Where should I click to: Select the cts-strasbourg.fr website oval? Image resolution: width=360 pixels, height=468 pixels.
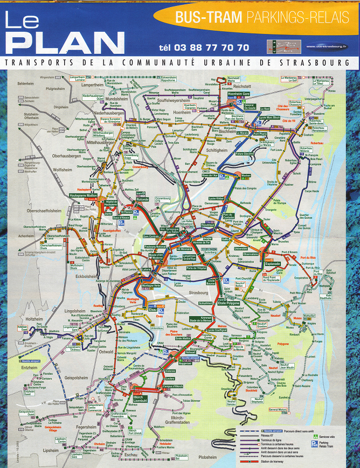pyautogui.click(x=326, y=46)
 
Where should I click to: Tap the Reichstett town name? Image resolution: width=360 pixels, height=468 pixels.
pyautogui.click(x=240, y=86)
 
